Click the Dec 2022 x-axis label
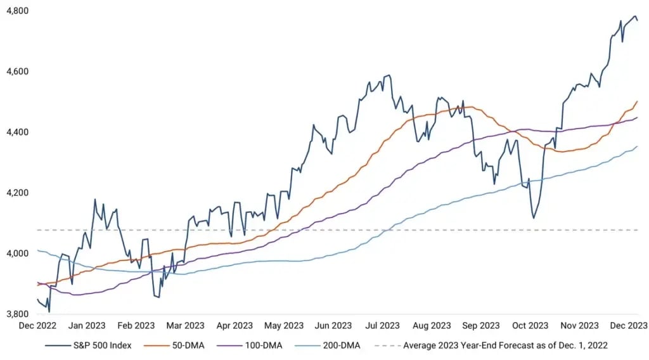pyautogui.click(x=37, y=326)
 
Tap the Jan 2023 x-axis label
pyautogui.click(x=87, y=326)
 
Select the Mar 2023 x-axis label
pyautogui.click(x=184, y=326)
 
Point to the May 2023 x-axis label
pyautogui.click(x=283, y=326)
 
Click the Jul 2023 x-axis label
pyautogui.click(x=382, y=326)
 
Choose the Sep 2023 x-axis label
pyautogui.click(x=480, y=326)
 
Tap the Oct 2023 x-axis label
pyautogui.click(x=530, y=326)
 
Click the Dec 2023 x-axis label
pyautogui.click(x=627, y=326)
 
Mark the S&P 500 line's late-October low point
pyautogui.click(x=534, y=219)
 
